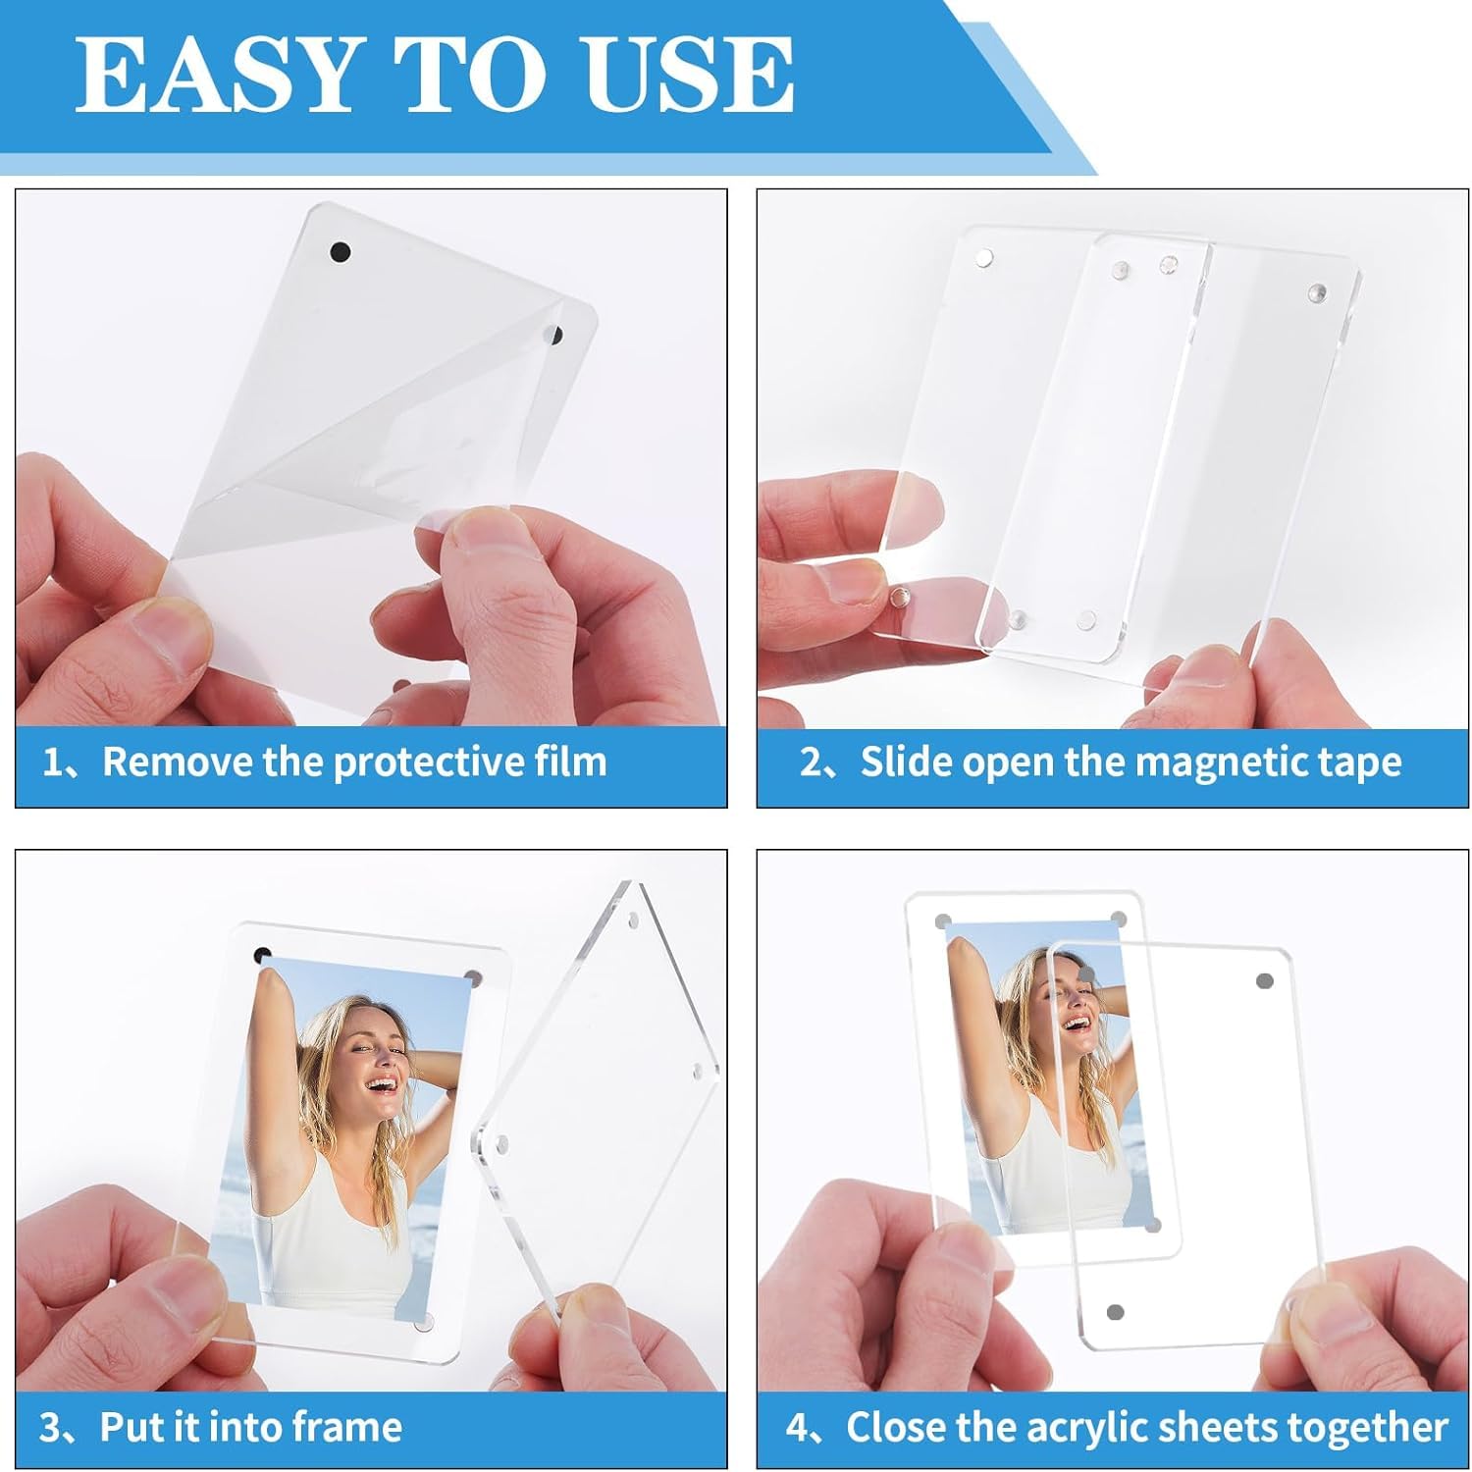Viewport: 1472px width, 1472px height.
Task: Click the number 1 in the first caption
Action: tap(52, 762)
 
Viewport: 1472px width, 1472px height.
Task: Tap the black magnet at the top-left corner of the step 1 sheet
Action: tap(340, 251)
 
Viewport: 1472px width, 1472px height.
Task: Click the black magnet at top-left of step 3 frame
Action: tap(262, 955)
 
